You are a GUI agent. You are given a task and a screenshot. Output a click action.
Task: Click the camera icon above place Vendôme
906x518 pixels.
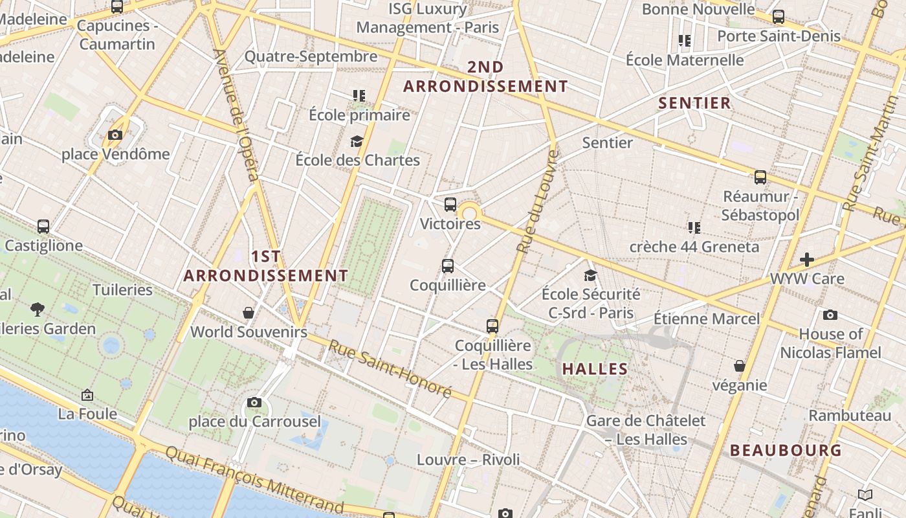tap(115, 135)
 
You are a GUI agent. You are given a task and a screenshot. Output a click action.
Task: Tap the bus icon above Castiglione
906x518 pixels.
tap(43, 227)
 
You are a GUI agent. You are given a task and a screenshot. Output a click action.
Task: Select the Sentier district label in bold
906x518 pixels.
tap(694, 103)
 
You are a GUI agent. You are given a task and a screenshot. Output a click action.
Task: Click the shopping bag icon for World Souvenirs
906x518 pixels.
tap(248, 313)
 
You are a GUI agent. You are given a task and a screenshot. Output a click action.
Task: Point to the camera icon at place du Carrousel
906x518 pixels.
tap(254, 403)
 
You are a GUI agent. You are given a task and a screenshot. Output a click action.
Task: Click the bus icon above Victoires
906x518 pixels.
tap(450, 205)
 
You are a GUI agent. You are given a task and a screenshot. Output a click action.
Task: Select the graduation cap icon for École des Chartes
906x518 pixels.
tap(357, 141)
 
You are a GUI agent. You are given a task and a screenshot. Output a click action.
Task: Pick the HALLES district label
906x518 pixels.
tap(595, 369)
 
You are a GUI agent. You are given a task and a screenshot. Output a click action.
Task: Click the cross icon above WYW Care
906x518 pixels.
tap(806, 260)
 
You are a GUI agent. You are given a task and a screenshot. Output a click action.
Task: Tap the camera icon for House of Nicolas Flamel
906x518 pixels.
tap(830, 315)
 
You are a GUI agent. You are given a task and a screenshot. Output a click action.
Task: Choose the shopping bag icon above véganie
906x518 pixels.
tap(740, 366)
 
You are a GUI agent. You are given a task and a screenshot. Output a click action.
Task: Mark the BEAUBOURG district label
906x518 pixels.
tap(786, 451)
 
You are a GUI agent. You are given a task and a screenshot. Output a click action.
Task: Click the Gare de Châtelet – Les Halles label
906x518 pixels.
tap(645, 430)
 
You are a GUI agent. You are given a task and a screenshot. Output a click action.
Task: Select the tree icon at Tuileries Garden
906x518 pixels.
tap(38, 310)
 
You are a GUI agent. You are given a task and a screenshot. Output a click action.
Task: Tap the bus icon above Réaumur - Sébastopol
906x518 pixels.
tap(760, 177)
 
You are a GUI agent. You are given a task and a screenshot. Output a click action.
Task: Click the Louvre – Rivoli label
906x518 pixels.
tap(468, 460)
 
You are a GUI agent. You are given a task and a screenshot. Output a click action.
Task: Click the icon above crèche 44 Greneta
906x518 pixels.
tap(694, 227)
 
